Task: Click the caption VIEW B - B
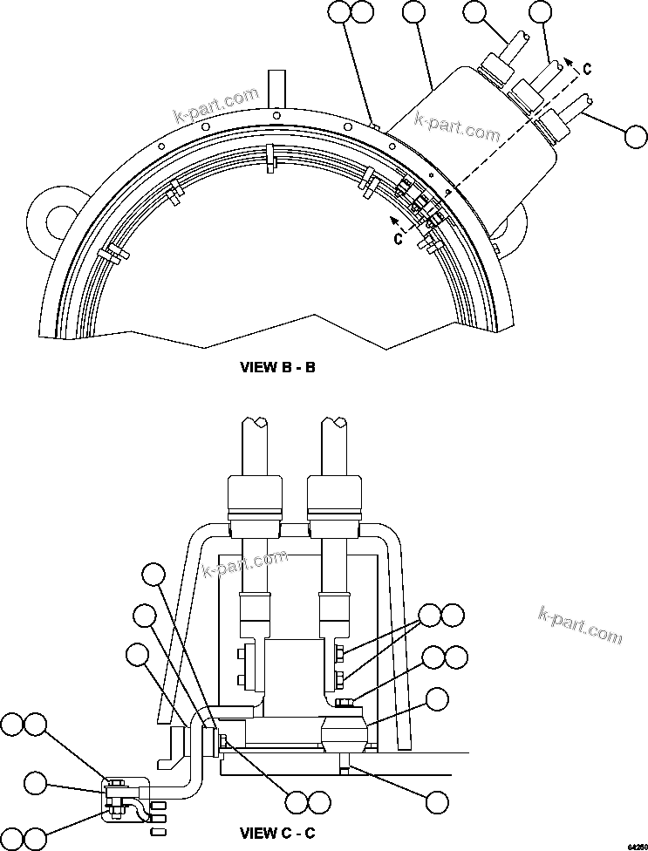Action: [x=277, y=367]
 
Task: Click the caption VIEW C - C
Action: [x=277, y=834]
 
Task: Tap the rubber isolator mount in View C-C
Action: [x=345, y=732]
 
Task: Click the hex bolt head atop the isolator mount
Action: [x=344, y=703]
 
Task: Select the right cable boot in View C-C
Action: [x=335, y=506]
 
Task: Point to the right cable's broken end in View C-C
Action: [x=335, y=424]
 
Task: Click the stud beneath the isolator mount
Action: [x=345, y=766]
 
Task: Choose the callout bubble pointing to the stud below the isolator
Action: [x=437, y=801]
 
